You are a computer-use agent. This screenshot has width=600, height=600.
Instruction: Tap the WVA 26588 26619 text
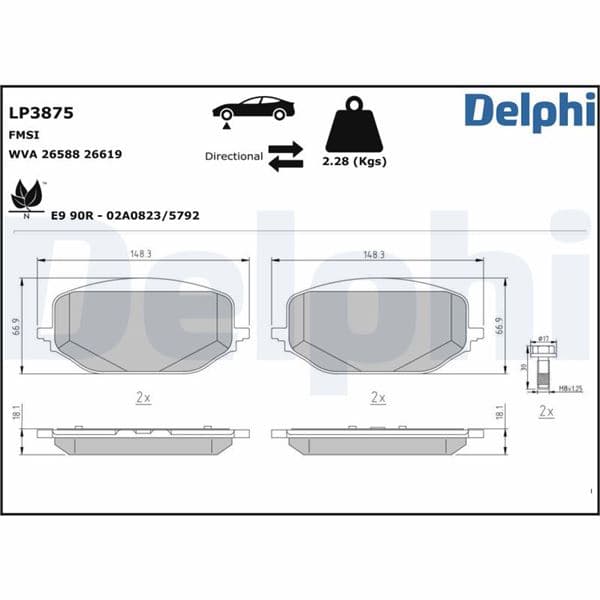(65, 154)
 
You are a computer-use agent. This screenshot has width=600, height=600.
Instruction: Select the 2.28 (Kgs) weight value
(355, 161)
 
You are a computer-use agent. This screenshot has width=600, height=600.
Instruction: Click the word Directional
(234, 156)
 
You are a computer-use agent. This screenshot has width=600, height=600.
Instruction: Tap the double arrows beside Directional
(286, 156)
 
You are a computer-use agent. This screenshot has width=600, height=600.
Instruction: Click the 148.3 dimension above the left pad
(141, 254)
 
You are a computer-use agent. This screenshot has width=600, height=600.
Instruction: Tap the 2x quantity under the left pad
(143, 397)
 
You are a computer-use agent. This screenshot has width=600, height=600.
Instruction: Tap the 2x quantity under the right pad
(377, 397)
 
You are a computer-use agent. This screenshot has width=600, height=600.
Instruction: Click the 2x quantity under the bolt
(546, 411)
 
